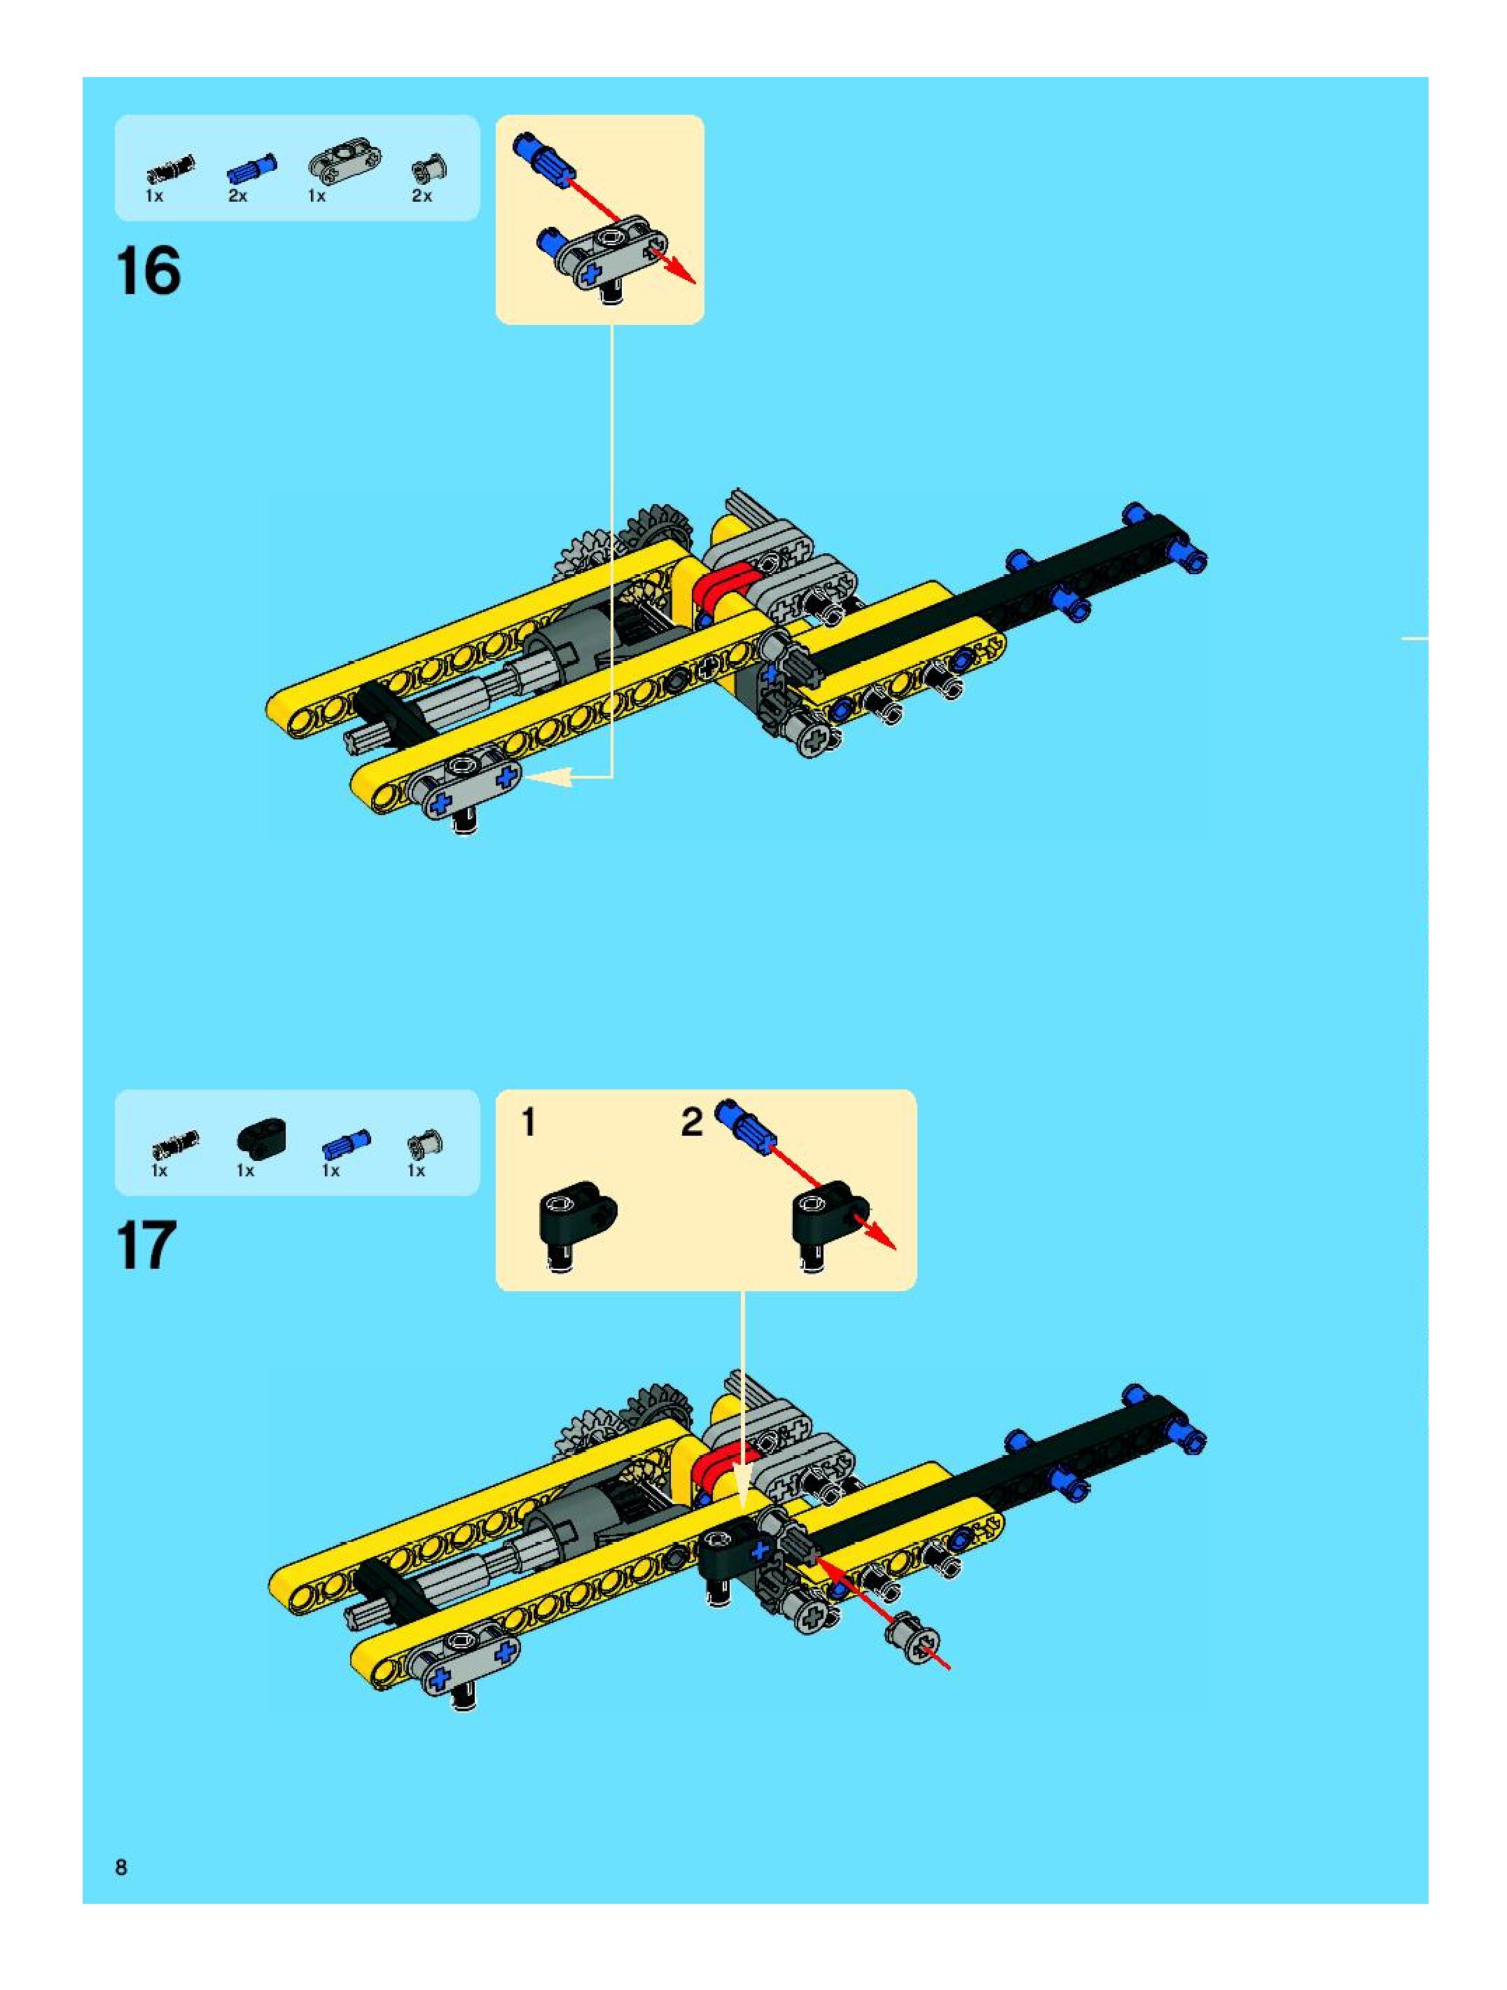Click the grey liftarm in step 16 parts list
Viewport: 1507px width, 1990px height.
pyautogui.click(x=345, y=161)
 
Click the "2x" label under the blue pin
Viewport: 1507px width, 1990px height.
pyautogui.click(x=237, y=195)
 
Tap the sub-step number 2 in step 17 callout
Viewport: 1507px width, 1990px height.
pyautogui.click(x=691, y=1122)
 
